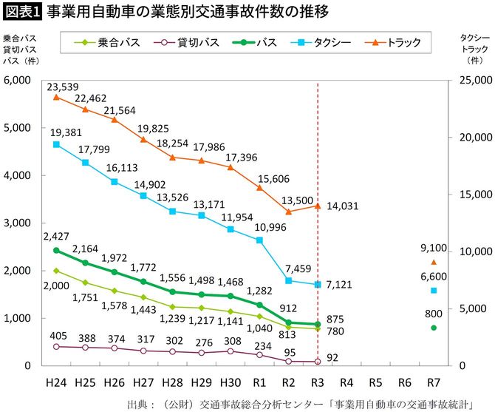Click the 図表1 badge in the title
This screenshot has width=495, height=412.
tap(21, 13)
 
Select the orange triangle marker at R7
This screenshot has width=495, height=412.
tap(434, 262)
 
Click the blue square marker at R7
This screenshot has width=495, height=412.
tap(434, 291)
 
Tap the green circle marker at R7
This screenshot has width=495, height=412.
tap(434, 328)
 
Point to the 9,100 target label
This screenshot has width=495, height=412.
tap(434, 248)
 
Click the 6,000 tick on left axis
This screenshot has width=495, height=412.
tap(16, 80)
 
